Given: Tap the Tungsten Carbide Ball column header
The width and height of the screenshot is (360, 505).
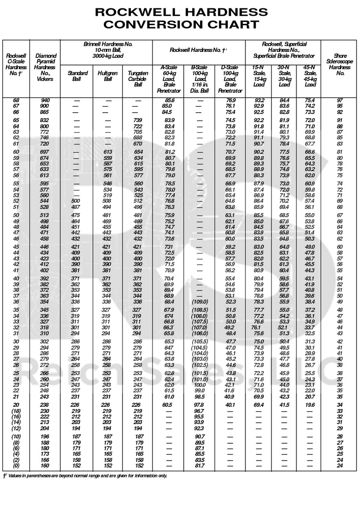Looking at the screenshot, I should point(137,79).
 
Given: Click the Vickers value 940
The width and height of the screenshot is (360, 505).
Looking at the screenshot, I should point(45,101).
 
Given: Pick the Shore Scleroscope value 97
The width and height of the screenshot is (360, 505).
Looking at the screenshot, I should point(340,101).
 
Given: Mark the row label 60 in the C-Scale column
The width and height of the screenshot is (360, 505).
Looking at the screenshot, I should point(16,152).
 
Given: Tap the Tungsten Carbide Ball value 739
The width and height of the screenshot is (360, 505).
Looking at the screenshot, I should point(137,121).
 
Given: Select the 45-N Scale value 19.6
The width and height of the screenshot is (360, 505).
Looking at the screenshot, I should point(310,404).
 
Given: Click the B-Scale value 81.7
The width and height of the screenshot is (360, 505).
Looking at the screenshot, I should point(200,466).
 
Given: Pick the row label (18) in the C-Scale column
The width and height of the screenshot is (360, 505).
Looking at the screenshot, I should point(16,411).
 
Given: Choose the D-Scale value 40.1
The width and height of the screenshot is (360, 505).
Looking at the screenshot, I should point(230,404).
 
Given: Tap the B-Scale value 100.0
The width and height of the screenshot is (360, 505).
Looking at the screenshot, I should point(200,384).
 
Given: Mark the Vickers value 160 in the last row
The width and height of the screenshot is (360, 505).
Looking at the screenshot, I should point(45,466).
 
